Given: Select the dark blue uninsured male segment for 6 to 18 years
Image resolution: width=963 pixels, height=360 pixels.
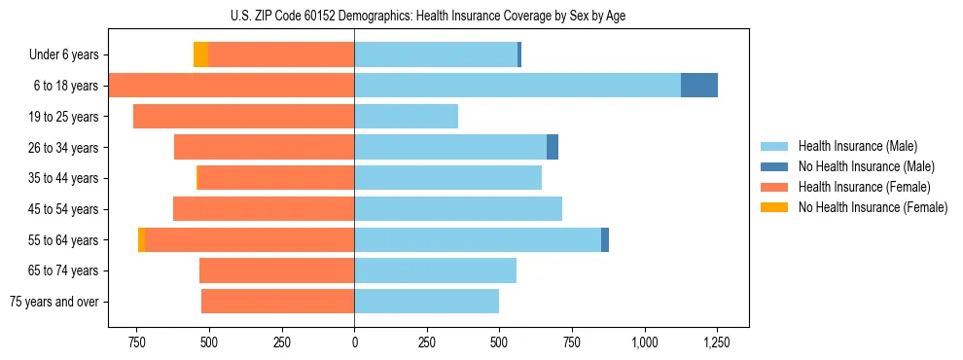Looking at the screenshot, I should coord(698,86).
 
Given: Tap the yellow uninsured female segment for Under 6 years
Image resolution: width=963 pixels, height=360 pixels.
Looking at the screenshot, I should coord(200,54).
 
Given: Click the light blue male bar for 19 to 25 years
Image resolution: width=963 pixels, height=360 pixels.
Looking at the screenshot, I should coord(406,117).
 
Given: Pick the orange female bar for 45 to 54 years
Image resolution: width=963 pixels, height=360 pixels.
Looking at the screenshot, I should coord(264,208).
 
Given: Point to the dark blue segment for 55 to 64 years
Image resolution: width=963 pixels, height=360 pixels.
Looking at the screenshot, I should coord(605,239).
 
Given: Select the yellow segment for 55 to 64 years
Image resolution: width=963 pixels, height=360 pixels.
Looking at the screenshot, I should coord(142,239).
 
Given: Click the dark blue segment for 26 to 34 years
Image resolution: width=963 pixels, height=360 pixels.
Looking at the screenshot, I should coord(553,147).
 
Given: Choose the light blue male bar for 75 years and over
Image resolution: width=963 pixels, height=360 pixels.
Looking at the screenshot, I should coord(426,302).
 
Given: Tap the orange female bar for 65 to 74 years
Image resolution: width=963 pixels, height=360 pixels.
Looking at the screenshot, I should coord(276,270).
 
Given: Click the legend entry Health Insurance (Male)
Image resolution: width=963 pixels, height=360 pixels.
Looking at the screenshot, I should coord(857,146).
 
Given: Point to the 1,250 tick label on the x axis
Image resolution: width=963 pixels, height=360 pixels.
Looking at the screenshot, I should coord(717,342).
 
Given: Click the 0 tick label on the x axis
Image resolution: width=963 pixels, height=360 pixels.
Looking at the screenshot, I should coord(354,342).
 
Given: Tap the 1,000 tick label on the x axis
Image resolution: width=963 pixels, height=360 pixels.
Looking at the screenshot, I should coord(644,342).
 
